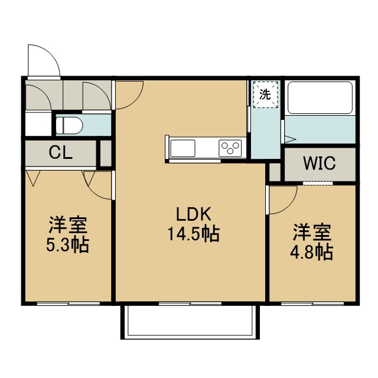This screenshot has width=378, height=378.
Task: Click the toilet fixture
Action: [x=69, y=125]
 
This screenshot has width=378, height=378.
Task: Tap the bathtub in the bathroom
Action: [x=320, y=97]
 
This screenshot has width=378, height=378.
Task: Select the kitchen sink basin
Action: [x=183, y=148]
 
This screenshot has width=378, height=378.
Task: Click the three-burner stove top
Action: [x=230, y=148]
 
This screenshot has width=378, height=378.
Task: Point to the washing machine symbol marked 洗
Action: [x=265, y=94]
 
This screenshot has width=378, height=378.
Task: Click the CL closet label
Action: [x=60, y=152]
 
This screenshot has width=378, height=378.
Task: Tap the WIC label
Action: [x=320, y=163]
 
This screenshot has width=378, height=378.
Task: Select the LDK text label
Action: [x=194, y=214]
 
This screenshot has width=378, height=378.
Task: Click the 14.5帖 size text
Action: [x=194, y=234]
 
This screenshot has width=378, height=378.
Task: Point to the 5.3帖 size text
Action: [x=68, y=245]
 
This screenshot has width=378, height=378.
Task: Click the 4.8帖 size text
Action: [x=312, y=252]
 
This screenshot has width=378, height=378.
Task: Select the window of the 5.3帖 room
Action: [x=69, y=304]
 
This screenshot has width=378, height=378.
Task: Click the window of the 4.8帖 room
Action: [x=312, y=304]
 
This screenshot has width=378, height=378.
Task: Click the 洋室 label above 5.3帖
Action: [x=68, y=225]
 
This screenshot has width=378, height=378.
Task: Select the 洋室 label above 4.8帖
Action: [x=312, y=232]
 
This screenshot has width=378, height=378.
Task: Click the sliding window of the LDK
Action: [x=190, y=304]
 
